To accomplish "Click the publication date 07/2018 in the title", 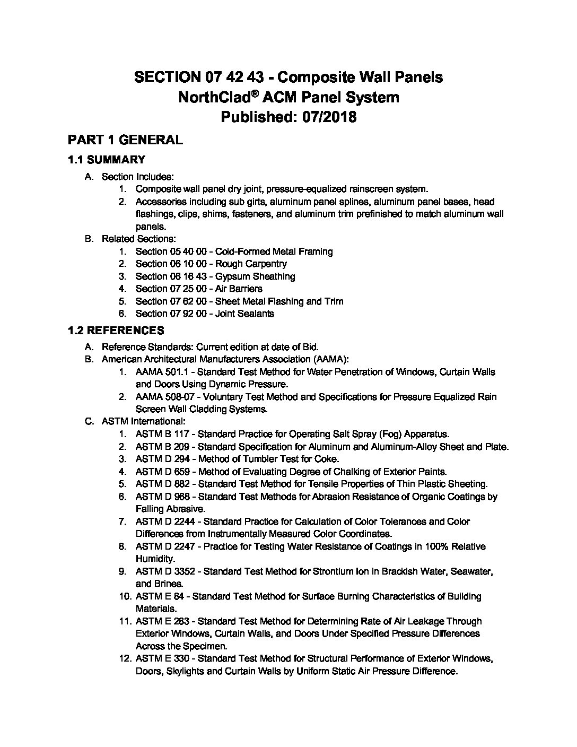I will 324,117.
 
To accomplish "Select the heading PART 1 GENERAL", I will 125,140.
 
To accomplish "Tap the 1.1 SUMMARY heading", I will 106,160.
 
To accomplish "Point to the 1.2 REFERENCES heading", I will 116,331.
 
